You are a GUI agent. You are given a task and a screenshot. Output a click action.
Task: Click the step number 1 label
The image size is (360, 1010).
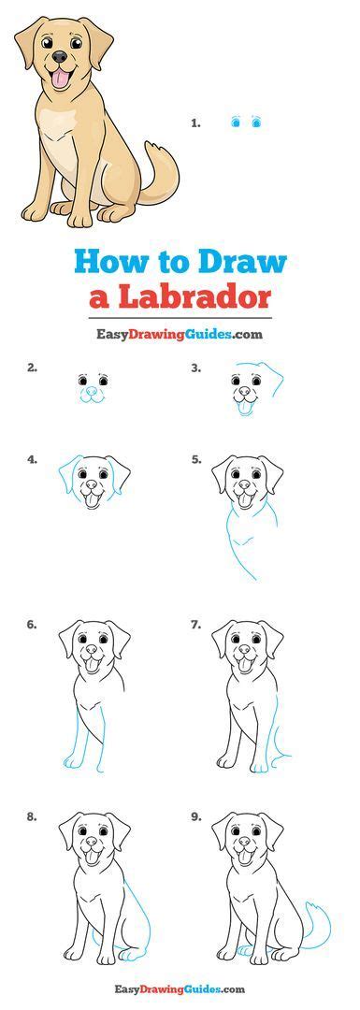(x=196, y=122)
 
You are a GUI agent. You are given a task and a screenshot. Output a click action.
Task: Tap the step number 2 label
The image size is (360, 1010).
(x=32, y=368)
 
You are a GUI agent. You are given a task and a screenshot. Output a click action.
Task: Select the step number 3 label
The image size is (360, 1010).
(x=195, y=368)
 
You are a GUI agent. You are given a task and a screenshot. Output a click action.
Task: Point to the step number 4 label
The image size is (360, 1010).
(x=32, y=459)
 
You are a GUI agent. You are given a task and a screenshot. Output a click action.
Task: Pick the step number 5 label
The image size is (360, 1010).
(x=195, y=459)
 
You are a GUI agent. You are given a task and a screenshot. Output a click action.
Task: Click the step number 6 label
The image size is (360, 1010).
(x=32, y=624)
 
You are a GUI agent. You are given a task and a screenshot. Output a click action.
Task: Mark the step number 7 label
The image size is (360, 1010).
(x=195, y=624)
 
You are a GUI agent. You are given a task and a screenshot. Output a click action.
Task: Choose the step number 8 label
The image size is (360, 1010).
(x=32, y=815)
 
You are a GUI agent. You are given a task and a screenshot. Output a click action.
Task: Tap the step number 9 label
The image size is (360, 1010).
(x=195, y=815)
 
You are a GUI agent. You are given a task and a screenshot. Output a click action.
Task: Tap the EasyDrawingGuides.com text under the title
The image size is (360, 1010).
(x=180, y=333)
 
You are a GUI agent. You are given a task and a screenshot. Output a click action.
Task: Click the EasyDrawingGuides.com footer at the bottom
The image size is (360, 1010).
(x=180, y=988)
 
